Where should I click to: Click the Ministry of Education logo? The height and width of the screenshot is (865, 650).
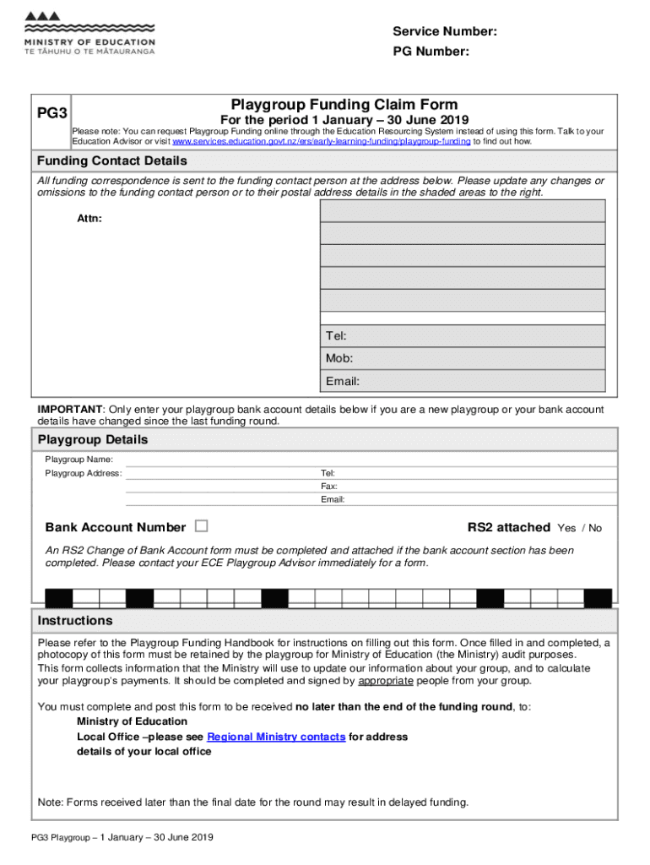(89, 35)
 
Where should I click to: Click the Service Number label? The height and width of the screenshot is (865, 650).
(444, 32)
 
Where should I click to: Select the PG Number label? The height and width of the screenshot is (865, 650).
(431, 52)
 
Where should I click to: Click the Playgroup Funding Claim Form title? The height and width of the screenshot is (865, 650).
(344, 105)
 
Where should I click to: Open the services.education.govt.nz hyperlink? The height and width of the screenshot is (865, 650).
(322, 142)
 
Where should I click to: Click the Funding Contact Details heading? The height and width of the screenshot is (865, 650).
(111, 161)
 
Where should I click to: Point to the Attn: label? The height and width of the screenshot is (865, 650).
(89, 220)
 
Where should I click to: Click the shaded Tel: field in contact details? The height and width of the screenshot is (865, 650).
(463, 336)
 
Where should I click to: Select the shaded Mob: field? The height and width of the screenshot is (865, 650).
(463, 358)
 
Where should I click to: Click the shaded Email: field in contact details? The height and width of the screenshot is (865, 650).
(463, 381)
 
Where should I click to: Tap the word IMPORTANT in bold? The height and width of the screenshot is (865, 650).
(70, 410)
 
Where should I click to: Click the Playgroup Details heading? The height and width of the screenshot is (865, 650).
(93, 440)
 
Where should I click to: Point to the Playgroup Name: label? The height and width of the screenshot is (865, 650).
(79, 459)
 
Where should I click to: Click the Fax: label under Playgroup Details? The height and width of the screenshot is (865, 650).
(328, 487)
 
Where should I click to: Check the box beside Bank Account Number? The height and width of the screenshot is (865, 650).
(201, 526)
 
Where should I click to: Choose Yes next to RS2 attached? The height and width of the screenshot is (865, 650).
(566, 528)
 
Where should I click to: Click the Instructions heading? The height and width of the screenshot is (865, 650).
(75, 621)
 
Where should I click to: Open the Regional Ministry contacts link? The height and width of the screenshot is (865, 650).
(276, 737)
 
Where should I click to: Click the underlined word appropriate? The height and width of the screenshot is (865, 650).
(386, 681)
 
